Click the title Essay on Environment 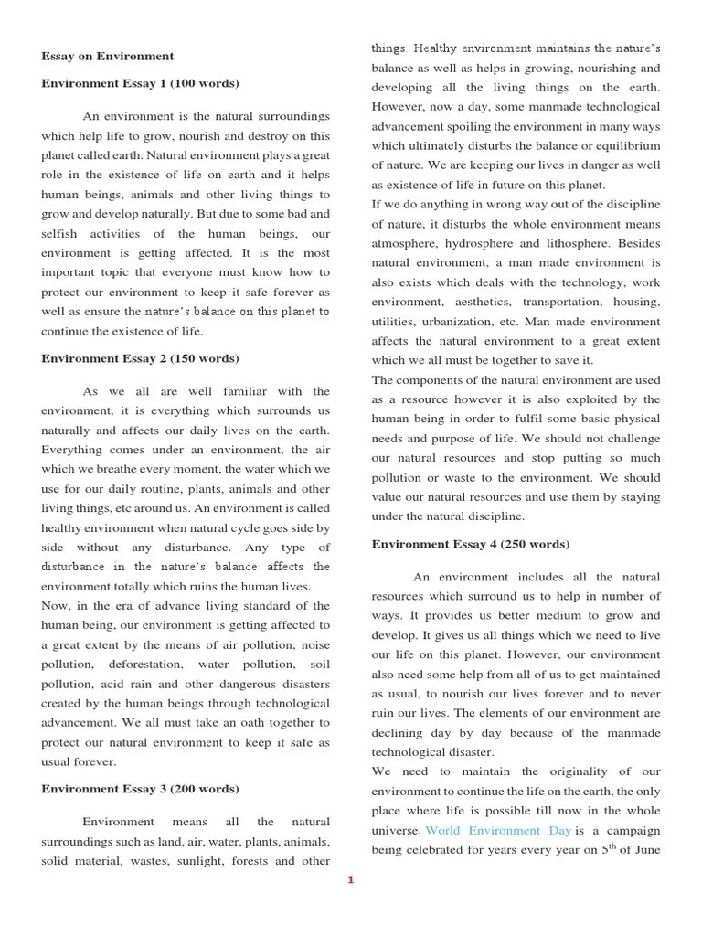(107, 57)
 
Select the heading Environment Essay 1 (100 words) (140, 84)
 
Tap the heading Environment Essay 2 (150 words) (140, 358)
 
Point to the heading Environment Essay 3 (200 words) (140, 788)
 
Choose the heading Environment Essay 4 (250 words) (470, 544)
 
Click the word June (644, 850)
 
